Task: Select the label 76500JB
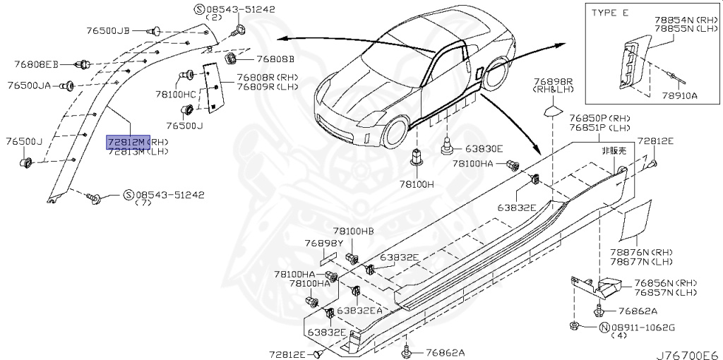(108, 31)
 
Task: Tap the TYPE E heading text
(610, 13)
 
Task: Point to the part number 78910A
(681, 95)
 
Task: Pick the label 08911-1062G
(643, 328)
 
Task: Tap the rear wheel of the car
(494, 73)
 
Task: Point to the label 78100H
(417, 185)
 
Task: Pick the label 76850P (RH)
(599, 119)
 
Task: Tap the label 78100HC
(176, 94)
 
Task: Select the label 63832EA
(359, 310)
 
